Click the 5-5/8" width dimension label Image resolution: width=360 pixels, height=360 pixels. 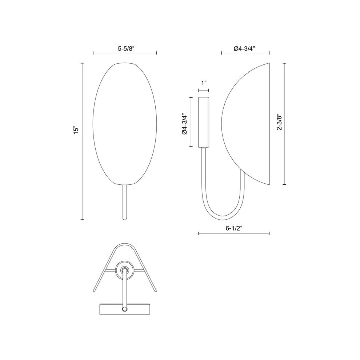tap(125, 48)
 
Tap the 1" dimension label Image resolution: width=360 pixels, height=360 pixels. tap(204, 83)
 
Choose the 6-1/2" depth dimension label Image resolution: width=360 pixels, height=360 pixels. tap(234, 228)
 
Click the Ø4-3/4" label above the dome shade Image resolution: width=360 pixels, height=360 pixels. tap(245, 48)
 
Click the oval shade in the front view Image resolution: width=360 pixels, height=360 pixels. tap(125, 124)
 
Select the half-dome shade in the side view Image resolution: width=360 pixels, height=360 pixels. tap(251, 124)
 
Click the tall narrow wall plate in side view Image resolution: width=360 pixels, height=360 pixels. tap(204, 122)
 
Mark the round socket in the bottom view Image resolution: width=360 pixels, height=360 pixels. tap(124, 270)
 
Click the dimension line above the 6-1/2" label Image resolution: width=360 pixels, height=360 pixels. tap(234, 233)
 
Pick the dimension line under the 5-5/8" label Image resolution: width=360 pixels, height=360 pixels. tap(125, 53)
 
